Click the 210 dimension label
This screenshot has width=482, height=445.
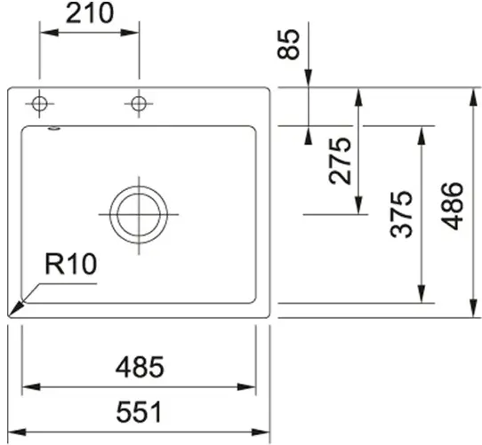(x=90, y=13)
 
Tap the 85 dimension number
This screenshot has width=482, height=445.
(x=288, y=44)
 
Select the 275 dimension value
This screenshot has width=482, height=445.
(x=340, y=161)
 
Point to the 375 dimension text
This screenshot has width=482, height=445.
(x=401, y=214)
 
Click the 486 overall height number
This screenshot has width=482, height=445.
(x=452, y=206)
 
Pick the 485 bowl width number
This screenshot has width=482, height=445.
(x=140, y=367)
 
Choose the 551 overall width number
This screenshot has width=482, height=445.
(x=139, y=411)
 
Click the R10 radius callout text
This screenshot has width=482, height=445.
(x=71, y=264)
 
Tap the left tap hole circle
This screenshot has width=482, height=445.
(x=39, y=104)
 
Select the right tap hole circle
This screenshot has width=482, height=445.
(x=139, y=104)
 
